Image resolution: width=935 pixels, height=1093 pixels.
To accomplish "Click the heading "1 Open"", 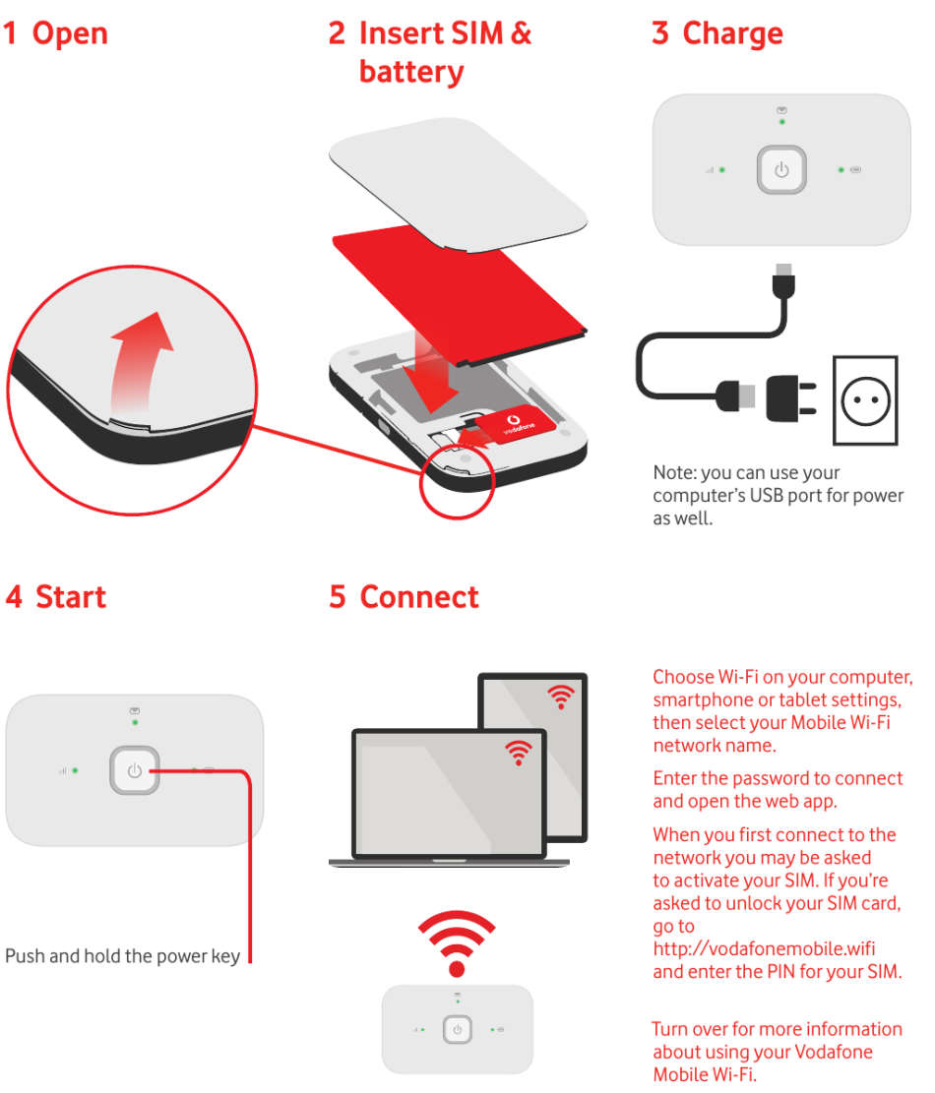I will (x=56, y=33).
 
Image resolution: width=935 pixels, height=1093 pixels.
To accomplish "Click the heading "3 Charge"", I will (x=717, y=33).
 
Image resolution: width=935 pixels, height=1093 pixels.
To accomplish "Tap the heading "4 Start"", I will (x=56, y=597).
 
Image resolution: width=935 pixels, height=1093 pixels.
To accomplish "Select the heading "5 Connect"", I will (x=405, y=597).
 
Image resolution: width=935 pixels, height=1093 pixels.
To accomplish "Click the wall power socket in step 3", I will (x=865, y=399).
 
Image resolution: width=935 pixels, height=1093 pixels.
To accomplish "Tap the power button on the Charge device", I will (x=781, y=170).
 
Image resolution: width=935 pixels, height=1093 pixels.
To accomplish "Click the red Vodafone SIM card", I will (x=508, y=424).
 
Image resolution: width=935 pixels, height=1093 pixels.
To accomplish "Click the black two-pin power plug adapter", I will (x=793, y=396).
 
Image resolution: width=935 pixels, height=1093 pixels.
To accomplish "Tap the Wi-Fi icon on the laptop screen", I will (x=518, y=753).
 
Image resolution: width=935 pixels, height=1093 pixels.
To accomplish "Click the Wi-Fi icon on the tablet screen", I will (x=561, y=698).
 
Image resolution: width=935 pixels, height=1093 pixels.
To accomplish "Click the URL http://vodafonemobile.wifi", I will (x=764, y=949).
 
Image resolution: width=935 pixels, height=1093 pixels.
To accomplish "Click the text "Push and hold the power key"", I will (x=123, y=956).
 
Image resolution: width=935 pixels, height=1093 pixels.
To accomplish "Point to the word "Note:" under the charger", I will (x=675, y=473).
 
